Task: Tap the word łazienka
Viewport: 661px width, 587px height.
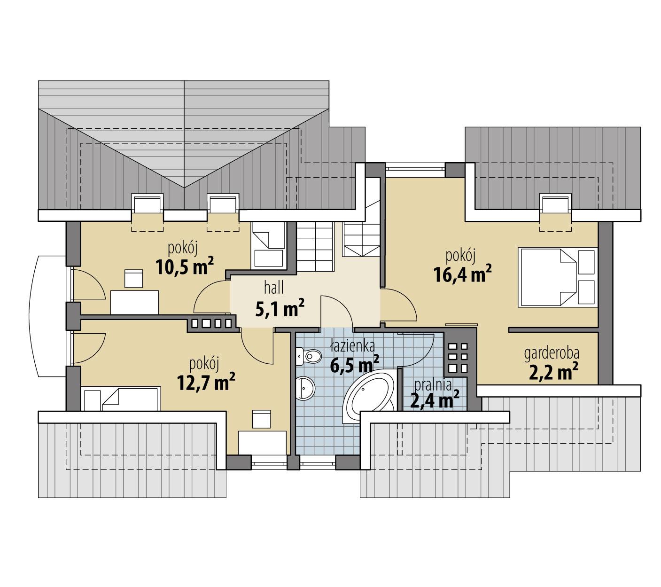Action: pos(352,347)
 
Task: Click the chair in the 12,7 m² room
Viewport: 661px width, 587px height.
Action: pos(261,419)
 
